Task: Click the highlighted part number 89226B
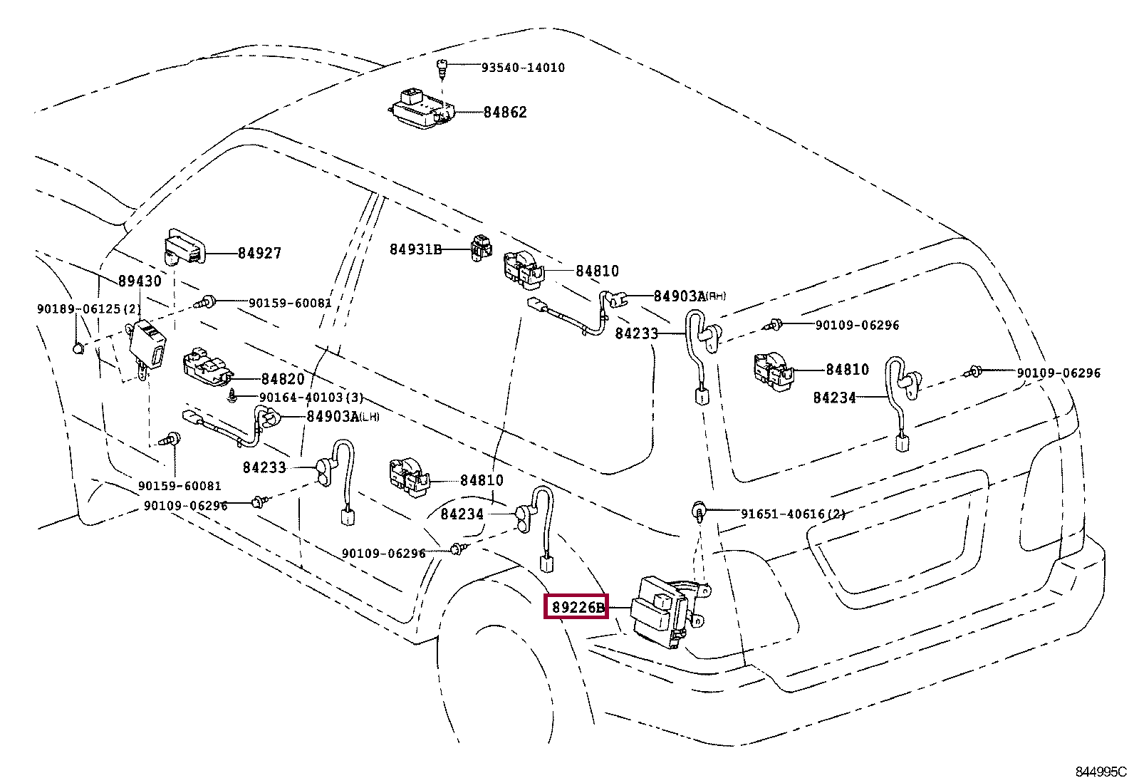(x=578, y=607)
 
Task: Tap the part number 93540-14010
(x=523, y=68)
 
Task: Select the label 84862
(x=505, y=113)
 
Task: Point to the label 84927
(x=260, y=253)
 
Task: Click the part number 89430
(x=140, y=281)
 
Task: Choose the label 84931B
(x=415, y=249)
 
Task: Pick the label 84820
(x=283, y=379)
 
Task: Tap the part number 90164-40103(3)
(x=311, y=398)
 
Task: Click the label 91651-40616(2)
(x=794, y=514)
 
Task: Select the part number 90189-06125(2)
(x=89, y=309)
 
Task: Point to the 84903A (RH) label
(x=690, y=296)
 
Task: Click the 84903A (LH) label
(x=343, y=416)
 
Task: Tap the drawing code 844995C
(x=1101, y=772)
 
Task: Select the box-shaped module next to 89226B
(x=667, y=611)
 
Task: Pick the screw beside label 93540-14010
(x=442, y=69)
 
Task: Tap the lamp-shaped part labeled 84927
(x=185, y=248)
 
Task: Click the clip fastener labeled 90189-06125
(x=78, y=348)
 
